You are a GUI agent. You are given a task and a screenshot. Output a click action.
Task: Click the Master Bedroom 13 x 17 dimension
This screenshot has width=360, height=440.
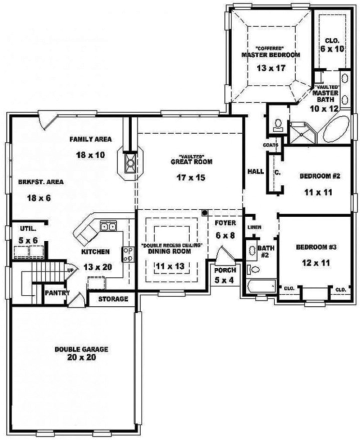270,68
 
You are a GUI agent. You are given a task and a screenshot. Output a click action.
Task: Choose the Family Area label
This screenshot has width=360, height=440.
90,139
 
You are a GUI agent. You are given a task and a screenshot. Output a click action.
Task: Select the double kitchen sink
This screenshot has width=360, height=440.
109,227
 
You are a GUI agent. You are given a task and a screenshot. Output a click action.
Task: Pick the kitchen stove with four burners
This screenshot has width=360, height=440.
127,254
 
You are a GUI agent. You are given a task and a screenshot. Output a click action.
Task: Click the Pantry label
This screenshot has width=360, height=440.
56,293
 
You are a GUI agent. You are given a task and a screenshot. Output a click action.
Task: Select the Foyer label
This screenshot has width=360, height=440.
224,222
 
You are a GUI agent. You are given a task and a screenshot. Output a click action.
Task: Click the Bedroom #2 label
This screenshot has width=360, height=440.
319,176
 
